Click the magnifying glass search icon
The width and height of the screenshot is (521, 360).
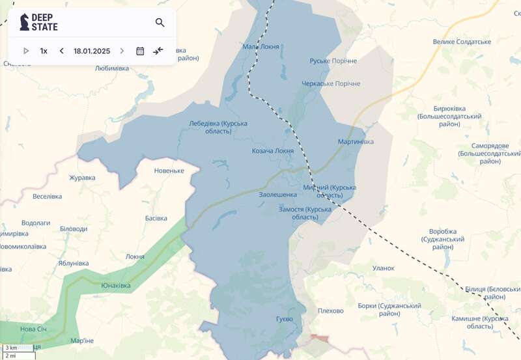(x=160, y=23)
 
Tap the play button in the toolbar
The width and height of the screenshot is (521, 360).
(x=26, y=51)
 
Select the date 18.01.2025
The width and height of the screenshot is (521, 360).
(x=92, y=51)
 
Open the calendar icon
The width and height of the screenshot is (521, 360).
(x=140, y=51)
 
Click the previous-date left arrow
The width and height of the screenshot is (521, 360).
(x=61, y=51)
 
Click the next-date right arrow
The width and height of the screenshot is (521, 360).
(x=122, y=51)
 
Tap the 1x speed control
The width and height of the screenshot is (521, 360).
(x=44, y=51)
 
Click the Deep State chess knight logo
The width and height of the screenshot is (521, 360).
(x=25, y=22)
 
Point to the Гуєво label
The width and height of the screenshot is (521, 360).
(x=284, y=319)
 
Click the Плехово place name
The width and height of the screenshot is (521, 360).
(x=330, y=311)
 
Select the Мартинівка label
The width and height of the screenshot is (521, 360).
(x=356, y=142)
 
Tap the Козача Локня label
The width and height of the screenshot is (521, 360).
(x=273, y=151)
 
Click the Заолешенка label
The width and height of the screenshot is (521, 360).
(x=278, y=194)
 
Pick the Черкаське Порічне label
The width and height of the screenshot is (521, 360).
(x=331, y=83)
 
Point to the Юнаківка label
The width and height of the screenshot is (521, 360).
(x=116, y=286)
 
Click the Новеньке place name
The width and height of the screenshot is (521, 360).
(x=169, y=171)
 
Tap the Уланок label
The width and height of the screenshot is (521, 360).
(x=383, y=268)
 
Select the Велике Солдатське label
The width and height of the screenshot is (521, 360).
(x=462, y=42)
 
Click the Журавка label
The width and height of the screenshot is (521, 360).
(x=82, y=178)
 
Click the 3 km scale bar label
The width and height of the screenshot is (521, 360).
(x=11, y=348)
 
